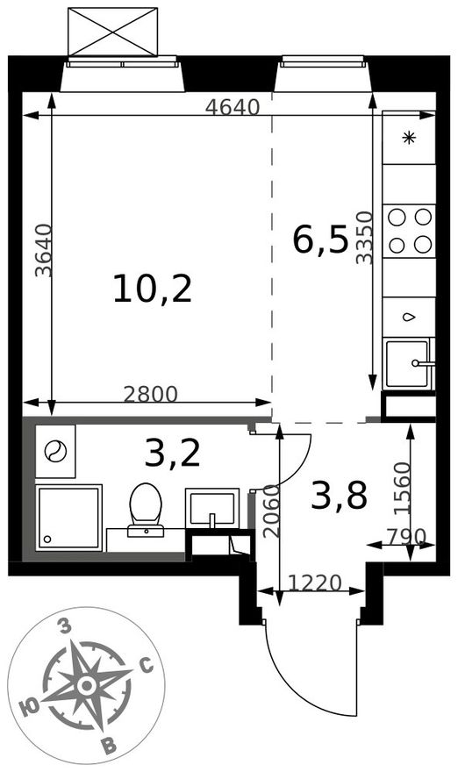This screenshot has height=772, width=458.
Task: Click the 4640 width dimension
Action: point(233,107)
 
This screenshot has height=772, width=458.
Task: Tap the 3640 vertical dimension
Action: point(44,250)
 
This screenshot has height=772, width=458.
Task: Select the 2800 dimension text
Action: point(150,395)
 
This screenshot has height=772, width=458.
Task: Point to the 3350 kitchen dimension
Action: point(365,238)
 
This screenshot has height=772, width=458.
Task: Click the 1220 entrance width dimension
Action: point(315,583)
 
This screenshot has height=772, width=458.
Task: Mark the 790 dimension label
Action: point(406,537)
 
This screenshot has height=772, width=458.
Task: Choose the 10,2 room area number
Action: point(152,289)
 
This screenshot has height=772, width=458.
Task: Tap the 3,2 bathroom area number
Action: point(172,454)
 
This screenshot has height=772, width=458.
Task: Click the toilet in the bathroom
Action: point(146,510)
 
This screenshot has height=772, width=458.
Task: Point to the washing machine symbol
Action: point(55,452)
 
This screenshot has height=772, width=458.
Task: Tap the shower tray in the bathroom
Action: point(69,518)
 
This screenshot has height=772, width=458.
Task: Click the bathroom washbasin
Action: point(212,508)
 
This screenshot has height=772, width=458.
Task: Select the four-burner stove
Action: point(409,231)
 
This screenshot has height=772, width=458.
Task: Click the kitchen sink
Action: point(409,364)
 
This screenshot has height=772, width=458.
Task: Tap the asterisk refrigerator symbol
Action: point(409,139)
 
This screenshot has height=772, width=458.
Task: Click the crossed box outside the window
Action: point(113,32)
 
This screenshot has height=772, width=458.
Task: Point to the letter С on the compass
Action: point(147,667)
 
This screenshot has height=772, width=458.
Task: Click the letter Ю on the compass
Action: point(31,709)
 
